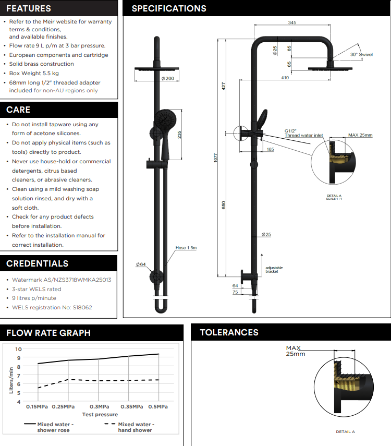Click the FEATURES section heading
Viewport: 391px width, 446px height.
(29, 8)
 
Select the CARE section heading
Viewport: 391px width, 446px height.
(18, 110)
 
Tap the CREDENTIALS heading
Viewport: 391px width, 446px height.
(37, 263)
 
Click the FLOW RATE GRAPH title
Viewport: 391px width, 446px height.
(48, 333)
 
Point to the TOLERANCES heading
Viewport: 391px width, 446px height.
(229, 332)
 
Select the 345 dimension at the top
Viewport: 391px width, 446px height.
(291, 22)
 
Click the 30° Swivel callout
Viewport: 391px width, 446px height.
(361, 54)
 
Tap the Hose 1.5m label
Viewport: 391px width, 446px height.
(186, 248)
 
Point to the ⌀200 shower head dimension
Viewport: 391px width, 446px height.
(167, 78)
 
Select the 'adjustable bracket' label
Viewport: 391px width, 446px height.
(272, 270)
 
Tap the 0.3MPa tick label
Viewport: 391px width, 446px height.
(99, 407)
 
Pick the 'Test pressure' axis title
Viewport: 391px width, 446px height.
(100, 415)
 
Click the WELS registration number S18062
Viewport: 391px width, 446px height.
(52, 307)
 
